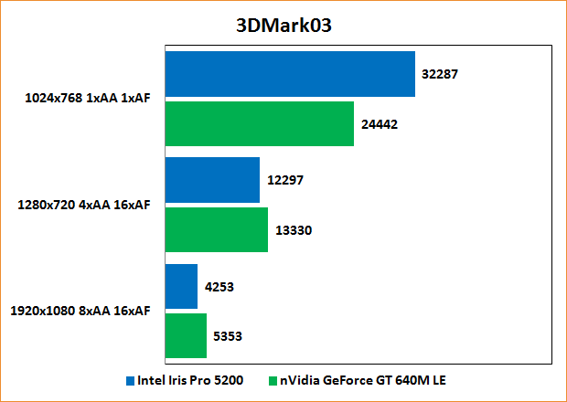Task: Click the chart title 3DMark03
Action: pos(283,25)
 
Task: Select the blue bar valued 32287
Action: pos(290,74)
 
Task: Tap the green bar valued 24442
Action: pos(259,123)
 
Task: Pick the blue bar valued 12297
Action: pos(212,180)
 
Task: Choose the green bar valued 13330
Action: pos(216,229)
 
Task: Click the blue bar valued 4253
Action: pos(181,286)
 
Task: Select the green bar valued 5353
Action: pos(186,335)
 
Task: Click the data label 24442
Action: pos(378,123)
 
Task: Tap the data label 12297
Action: pos(284,180)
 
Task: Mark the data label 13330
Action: pos(294,230)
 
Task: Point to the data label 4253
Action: pos(219,287)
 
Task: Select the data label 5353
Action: pos(228,336)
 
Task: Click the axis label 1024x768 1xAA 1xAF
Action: pos(88,99)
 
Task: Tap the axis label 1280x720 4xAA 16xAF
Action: pos(84,205)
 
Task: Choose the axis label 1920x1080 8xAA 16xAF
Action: pos(80,311)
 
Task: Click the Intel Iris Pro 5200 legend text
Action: pos(191,379)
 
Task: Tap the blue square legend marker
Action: pos(131,379)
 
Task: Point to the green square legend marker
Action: pos(272,379)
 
